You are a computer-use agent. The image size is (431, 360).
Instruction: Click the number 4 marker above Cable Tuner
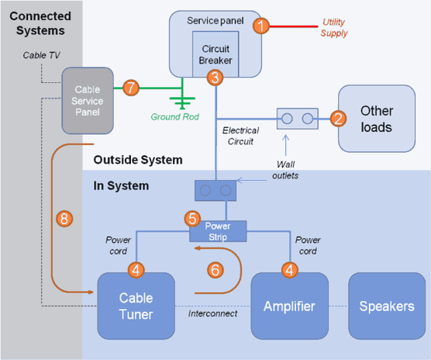click(136, 271)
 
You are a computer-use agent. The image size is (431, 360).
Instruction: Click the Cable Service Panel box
click(87, 99)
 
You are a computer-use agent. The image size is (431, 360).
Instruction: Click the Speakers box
click(386, 306)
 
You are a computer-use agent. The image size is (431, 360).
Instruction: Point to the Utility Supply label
click(334, 29)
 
